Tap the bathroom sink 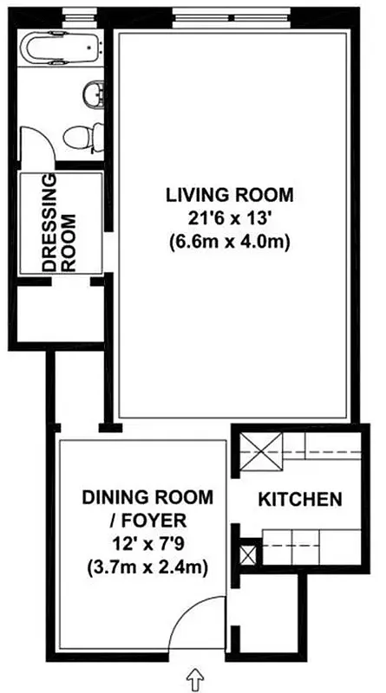[93, 92]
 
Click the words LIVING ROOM [229, 193]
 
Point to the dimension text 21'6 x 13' [229, 217]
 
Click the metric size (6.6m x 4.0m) [229, 242]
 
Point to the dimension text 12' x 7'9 [147, 545]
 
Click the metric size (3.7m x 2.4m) [147, 569]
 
